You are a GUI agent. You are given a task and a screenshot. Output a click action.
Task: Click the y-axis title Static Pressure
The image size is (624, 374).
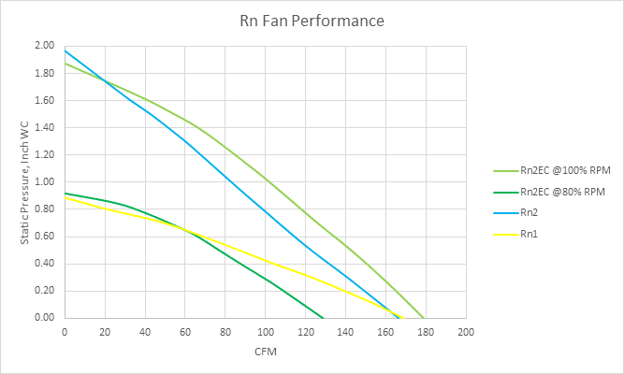click(25, 182)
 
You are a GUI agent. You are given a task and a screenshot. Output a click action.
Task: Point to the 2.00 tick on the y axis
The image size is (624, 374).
click(44, 46)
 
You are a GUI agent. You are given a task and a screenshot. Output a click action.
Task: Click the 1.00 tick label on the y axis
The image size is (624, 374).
click(44, 181)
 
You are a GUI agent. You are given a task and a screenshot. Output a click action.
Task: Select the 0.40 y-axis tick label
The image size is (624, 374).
click(44, 264)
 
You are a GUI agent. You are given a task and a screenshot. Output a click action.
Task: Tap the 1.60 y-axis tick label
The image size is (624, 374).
click(44, 100)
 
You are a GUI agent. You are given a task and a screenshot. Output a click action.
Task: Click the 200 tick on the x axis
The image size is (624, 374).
click(466, 332)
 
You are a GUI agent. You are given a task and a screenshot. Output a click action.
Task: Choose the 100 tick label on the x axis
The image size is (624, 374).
click(265, 332)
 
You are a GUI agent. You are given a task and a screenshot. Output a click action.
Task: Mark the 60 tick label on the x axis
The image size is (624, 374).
click(185, 332)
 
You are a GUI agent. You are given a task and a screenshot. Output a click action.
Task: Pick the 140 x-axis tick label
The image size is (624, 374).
click(346, 332)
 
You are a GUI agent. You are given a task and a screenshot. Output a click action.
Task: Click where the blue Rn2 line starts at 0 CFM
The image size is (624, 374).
click(65, 50)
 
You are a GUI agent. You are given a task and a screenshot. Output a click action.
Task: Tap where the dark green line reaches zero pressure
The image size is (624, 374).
click(324, 318)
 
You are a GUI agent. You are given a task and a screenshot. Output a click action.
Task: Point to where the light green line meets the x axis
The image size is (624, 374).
click(424, 318)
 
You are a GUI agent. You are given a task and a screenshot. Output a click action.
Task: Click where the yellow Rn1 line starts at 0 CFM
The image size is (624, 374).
click(65, 197)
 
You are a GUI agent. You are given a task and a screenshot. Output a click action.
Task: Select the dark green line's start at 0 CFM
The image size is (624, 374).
click(65, 193)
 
